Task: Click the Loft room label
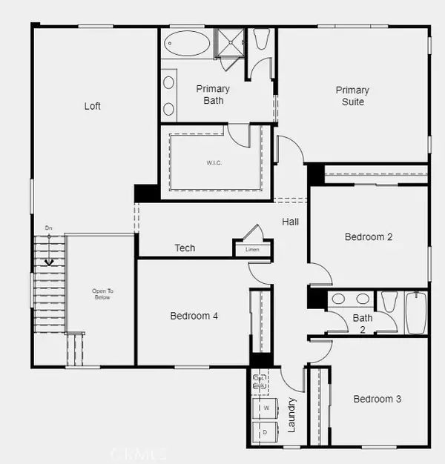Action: (x=92, y=106)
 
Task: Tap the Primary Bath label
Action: (x=213, y=94)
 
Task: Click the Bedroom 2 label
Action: (x=369, y=237)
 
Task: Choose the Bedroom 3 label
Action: (x=377, y=399)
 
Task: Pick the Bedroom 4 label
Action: (x=194, y=316)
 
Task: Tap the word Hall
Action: (x=290, y=222)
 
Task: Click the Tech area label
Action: (x=185, y=248)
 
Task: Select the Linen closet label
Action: (x=252, y=250)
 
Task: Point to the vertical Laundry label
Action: (x=291, y=415)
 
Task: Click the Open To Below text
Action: (x=102, y=294)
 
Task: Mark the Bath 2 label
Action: (x=363, y=323)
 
